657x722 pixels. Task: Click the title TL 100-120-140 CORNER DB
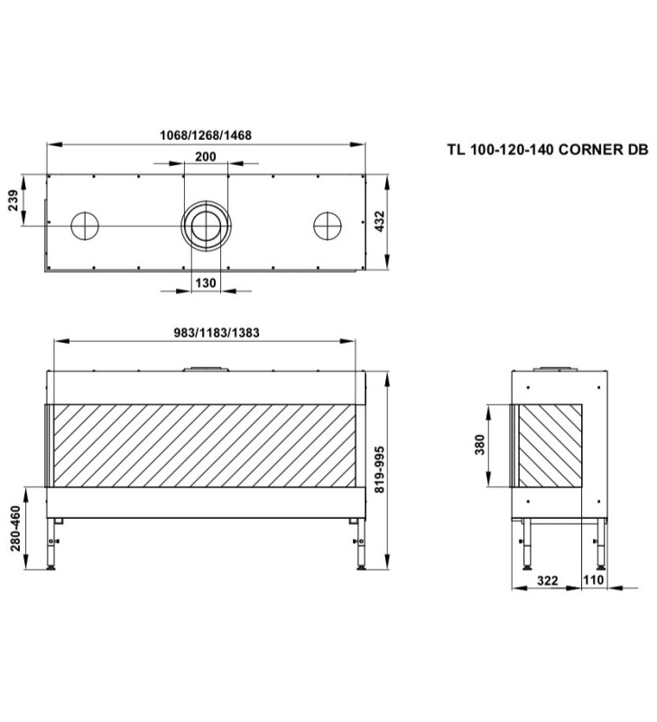[x=548, y=150]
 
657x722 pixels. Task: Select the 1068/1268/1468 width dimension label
[x=206, y=135]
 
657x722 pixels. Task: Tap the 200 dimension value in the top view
[x=206, y=157]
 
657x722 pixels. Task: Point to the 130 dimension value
[x=206, y=282]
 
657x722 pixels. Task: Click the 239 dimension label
[x=14, y=200]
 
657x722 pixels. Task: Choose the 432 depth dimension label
[x=379, y=221]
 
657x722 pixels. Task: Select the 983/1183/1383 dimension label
[x=217, y=332]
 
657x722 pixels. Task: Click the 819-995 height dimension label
[x=379, y=469]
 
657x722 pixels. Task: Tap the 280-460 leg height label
[x=15, y=528]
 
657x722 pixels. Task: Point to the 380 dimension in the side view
[x=480, y=445]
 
